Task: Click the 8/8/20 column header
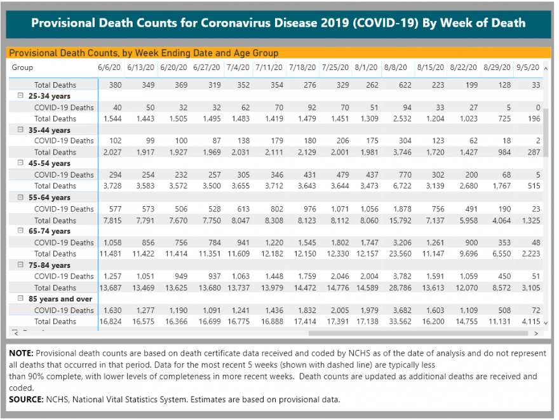(395, 67)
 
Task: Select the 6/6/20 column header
(109, 67)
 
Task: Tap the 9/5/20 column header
(528, 67)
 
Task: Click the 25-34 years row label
(49, 96)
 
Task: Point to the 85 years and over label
(60, 299)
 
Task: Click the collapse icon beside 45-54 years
(21, 163)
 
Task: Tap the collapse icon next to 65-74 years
(21, 231)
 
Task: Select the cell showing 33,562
(400, 321)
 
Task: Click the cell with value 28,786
(400, 288)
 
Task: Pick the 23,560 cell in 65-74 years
(400, 254)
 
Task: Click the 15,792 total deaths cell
(400, 221)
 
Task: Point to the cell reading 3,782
(402, 276)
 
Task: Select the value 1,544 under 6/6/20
(112, 118)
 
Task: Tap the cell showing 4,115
(531, 321)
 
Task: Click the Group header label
(22, 67)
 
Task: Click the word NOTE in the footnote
(21, 353)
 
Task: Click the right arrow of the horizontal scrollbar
(536, 333)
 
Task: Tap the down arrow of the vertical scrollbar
(546, 323)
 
